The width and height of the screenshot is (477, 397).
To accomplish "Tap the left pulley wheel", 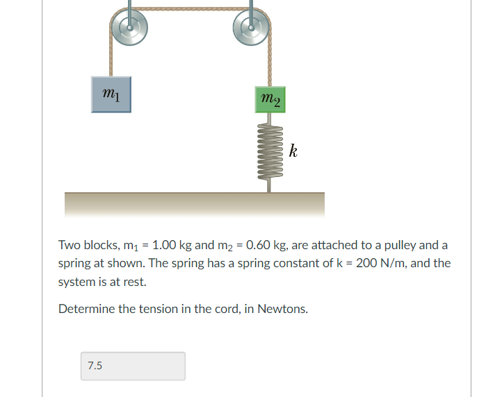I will pos(129,28).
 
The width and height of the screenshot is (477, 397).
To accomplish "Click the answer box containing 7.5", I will pos(133,366).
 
